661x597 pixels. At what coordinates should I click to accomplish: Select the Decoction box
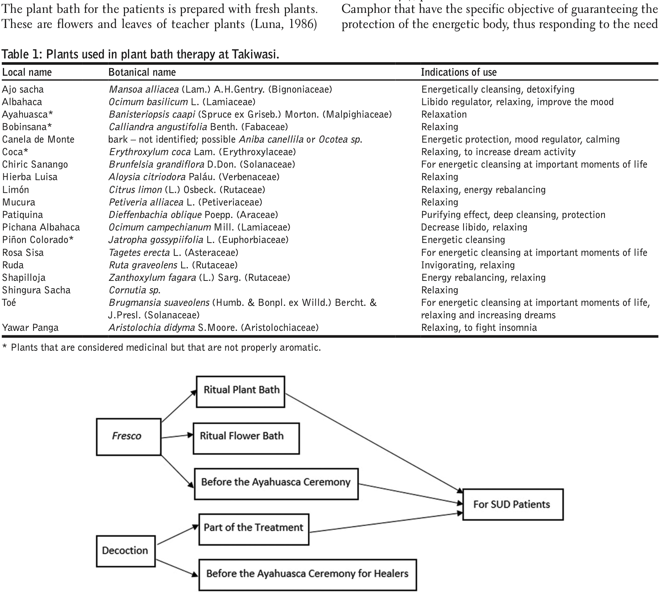coord(125,550)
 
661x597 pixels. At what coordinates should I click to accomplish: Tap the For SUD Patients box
coord(512,504)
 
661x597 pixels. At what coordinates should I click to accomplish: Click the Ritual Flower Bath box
coord(246,438)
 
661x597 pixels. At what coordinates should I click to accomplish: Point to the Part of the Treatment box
coord(253,529)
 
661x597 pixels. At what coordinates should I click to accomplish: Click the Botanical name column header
coord(142,72)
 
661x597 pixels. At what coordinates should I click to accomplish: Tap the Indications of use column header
coord(459,72)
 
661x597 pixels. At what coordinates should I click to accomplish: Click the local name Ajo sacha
coord(23,89)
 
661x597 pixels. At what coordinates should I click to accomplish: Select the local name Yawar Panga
coord(30,328)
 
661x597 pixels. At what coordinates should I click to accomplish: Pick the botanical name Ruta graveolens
coord(143,265)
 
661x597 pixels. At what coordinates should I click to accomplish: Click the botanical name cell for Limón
coord(187,190)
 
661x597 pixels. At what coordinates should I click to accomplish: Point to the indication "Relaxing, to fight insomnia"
coord(479,328)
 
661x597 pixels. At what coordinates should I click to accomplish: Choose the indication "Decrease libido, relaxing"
coord(474,227)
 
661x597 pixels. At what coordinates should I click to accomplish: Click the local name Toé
coord(9,303)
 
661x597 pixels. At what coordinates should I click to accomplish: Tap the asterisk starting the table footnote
coord(4,347)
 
